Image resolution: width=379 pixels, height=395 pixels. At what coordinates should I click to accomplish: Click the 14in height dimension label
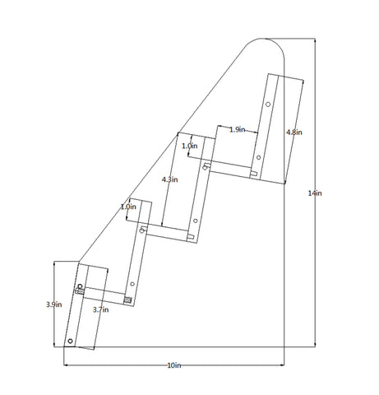(315, 193)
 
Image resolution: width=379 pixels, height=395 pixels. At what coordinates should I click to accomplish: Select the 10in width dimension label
(174, 365)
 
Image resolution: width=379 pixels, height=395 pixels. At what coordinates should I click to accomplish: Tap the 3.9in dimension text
(53, 304)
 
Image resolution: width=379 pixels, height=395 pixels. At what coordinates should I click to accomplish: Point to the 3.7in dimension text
(100, 309)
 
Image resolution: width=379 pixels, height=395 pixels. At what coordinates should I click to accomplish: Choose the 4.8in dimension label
(294, 132)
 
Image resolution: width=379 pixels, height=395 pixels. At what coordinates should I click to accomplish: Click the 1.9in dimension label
(238, 129)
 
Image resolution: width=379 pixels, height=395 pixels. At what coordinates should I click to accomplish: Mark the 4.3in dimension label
(169, 179)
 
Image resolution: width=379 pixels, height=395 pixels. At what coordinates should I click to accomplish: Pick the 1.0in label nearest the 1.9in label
(190, 146)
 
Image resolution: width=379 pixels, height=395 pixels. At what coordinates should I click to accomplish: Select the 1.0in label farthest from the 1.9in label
(128, 207)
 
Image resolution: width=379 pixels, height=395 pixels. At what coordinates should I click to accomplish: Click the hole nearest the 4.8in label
(268, 105)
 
